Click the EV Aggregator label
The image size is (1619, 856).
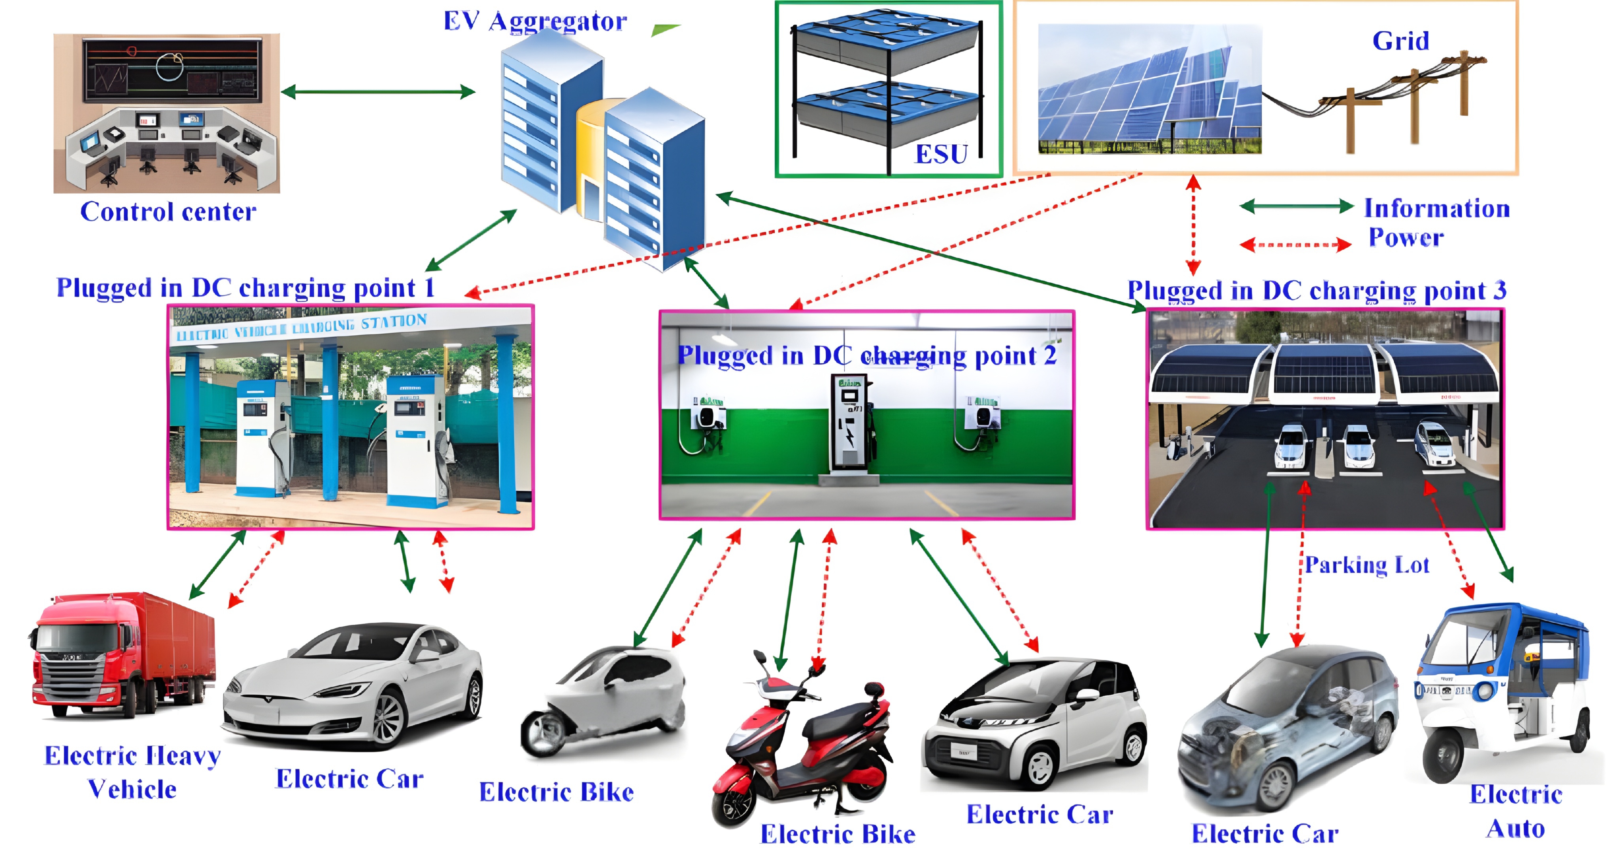tap(535, 21)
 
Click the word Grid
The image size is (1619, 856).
tap(1400, 42)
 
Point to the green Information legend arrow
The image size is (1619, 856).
tap(1296, 206)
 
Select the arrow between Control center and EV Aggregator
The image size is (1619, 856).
tap(378, 92)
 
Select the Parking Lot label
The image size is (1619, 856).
tap(1367, 565)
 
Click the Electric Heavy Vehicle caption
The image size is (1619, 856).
tap(132, 772)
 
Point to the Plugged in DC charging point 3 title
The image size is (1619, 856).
tap(1316, 290)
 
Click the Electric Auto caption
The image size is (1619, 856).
tap(1515, 811)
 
